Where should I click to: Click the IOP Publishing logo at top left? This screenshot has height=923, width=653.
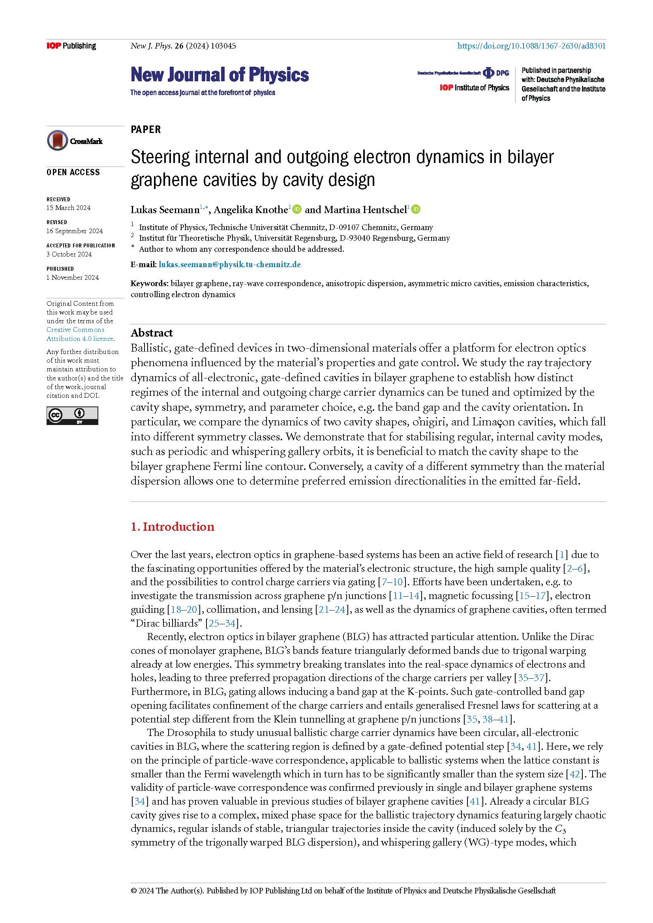coord(71,46)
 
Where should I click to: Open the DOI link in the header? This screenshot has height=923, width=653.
coord(531,46)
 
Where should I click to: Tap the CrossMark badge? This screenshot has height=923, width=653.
coord(75,141)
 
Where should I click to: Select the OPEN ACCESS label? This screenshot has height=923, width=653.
coord(73,172)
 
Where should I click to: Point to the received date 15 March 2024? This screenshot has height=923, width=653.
coord(68,208)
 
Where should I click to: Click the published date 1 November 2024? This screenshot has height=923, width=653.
coord(72,277)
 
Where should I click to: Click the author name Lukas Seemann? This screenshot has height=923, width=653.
coord(165,210)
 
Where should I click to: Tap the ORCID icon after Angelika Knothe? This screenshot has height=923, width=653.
coord(297,210)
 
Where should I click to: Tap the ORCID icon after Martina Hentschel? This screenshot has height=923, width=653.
coord(416,210)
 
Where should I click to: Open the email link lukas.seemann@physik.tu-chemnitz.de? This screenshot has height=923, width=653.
coord(229,264)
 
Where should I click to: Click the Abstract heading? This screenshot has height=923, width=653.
coord(152,333)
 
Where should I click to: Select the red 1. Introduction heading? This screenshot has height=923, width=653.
coord(173,527)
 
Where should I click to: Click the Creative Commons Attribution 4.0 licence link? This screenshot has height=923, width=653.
coord(80,334)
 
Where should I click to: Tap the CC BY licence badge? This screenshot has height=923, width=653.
coord(72,415)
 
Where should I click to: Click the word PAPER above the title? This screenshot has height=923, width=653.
coord(146,129)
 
